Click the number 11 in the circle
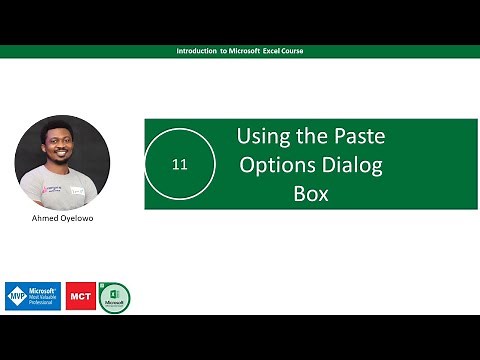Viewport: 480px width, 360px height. (x=180, y=164)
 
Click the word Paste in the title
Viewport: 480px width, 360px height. (x=357, y=136)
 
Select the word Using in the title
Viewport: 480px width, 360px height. (x=260, y=136)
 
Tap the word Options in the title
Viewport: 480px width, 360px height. (x=274, y=165)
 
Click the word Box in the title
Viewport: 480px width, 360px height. (x=310, y=194)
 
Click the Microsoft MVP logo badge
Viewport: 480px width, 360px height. (x=33, y=296)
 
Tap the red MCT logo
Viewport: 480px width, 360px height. (x=80, y=296)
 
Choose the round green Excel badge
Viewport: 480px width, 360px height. (x=114, y=297)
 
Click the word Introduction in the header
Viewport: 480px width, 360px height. (x=197, y=50)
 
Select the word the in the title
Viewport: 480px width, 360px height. (x=311, y=136)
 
